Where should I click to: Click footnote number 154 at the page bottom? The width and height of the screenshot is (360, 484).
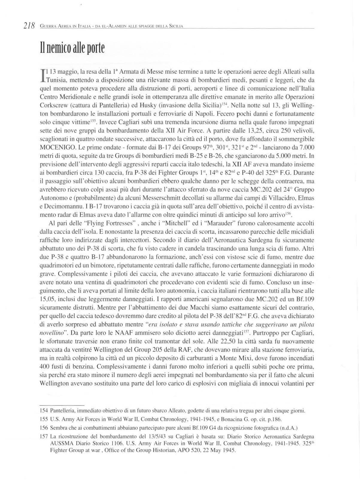point(44,411)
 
